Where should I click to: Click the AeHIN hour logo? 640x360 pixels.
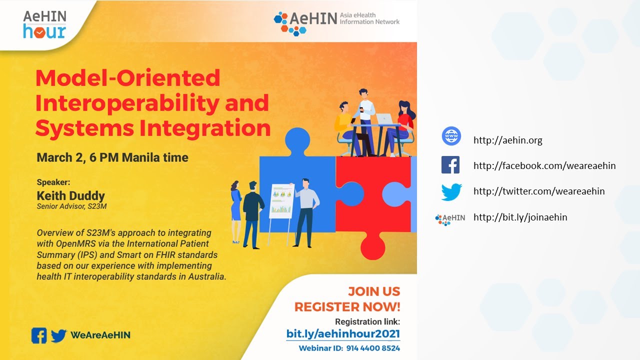pos(44,24)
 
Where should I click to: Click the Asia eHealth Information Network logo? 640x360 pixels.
pos(336,22)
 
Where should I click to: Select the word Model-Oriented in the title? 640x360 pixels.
pos(128,78)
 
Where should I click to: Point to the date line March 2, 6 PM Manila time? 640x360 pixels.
pos(112,158)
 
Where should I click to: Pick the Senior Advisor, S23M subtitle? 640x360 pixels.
pos(71,206)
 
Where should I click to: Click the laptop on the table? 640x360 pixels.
pos(385,119)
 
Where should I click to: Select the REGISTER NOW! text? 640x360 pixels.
pos(347,306)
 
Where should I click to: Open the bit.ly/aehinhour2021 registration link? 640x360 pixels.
pos(343,333)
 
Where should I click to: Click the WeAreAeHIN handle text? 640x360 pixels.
pos(100,335)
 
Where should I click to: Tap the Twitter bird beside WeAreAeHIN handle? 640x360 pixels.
pos(58,335)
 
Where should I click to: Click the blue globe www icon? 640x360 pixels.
pos(451,136)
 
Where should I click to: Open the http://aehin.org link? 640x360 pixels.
pos(507,140)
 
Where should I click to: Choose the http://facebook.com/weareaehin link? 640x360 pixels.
pos(544,165)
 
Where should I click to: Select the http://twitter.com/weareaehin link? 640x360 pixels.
pos(539,191)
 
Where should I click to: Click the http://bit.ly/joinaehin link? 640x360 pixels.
pos(520,217)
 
